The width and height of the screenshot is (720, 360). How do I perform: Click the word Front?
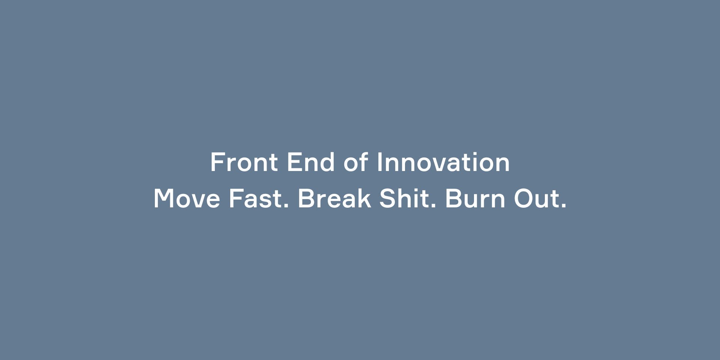point(244,162)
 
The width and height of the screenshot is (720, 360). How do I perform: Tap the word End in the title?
point(310,162)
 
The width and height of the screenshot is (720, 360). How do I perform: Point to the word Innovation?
point(443,162)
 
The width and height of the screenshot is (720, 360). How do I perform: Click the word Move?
point(187,198)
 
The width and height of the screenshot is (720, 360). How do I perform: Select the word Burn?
point(475,198)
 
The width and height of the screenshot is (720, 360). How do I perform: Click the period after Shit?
point(433,206)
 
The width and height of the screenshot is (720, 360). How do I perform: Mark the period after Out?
point(564,206)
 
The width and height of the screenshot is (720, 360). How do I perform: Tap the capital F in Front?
point(217,162)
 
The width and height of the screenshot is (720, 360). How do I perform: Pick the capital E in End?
point(294,162)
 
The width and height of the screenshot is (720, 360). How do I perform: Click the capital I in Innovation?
point(379,162)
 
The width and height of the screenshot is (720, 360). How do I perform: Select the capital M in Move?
point(164,198)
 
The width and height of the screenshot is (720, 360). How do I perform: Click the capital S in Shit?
point(387,198)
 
